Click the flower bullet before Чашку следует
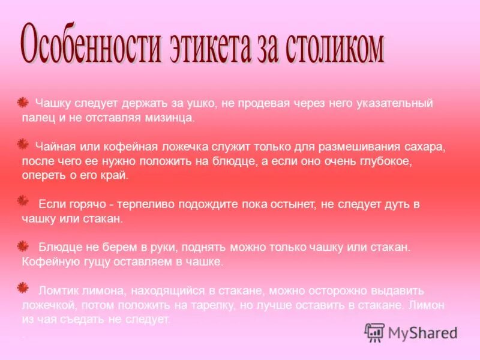tap(23, 103)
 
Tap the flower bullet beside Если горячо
tap(23, 200)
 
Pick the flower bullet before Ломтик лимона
tap(23, 287)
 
